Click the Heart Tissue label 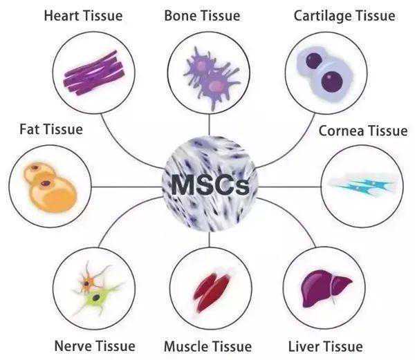(83, 16)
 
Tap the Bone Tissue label (202, 16)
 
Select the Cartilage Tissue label (344, 16)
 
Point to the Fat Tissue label (51, 129)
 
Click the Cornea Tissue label (363, 131)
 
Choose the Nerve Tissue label (95, 346)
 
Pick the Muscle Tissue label (207, 346)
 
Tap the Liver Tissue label (325, 346)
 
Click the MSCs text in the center (210, 184)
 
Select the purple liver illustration (325, 288)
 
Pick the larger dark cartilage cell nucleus (332, 82)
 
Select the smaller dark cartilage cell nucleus (314, 61)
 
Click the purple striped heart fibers (94, 73)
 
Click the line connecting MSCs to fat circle (127, 187)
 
